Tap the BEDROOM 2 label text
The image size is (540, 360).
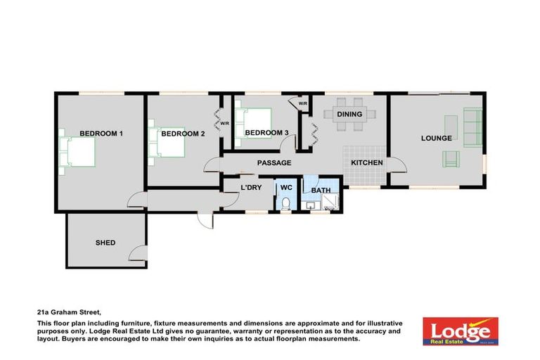pyautogui.click(x=183, y=134)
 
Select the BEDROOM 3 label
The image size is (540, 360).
pyautogui.click(x=266, y=133)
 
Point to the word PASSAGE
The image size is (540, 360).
pyautogui.click(x=274, y=163)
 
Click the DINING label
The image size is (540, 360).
pyautogui.click(x=349, y=114)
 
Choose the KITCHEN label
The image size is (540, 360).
pyautogui.click(x=367, y=163)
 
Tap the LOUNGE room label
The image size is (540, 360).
pyautogui.click(x=437, y=139)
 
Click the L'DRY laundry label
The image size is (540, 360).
pyautogui.click(x=252, y=188)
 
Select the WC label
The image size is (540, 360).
pyautogui.click(x=286, y=188)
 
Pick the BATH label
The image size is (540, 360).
pyautogui.click(x=321, y=190)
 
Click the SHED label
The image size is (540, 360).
pyautogui.click(x=105, y=243)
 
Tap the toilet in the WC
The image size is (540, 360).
pyautogui.click(x=285, y=204)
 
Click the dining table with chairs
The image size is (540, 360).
pyautogui.click(x=349, y=124)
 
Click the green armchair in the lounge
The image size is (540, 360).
pyautogui.click(x=451, y=159)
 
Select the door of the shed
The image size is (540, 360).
pyautogui.click(x=139, y=255)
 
